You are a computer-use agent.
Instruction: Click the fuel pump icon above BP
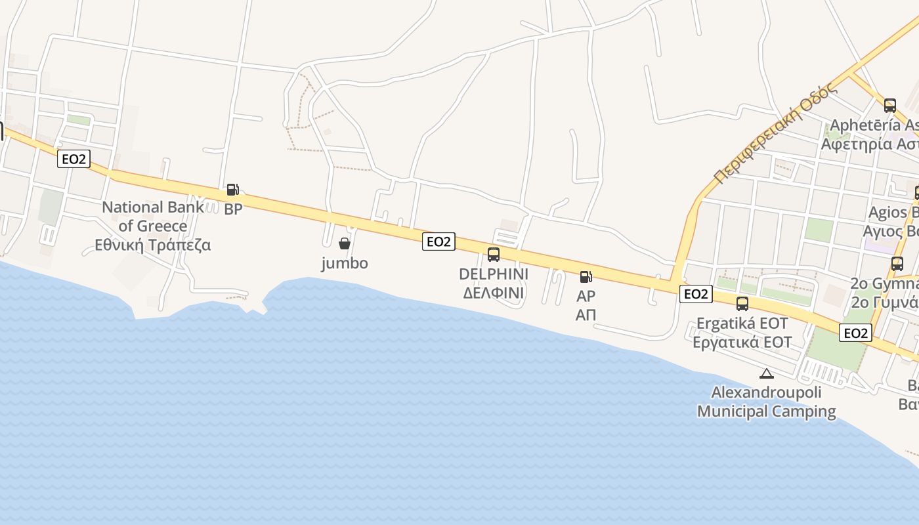pyautogui.click(x=232, y=190)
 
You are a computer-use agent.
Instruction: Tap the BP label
pyautogui.click(x=233, y=210)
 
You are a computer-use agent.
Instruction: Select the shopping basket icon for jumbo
pyautogui.click(x=344, y=244)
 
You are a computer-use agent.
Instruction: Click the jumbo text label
pyautogui.click(x=344, y=263)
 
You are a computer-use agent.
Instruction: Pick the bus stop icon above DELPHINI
pyautogui.click(x=494, y=255)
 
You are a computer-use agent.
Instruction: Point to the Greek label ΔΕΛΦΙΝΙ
pyautogui.click(x=494, y=293)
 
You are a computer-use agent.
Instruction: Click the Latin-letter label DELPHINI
pyautogui.click(x=494, y=274)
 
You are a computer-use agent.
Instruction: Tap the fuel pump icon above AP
pyautogui.click(x=586, y=277)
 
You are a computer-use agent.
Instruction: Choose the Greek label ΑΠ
pyautogui.click(x=586, y=315)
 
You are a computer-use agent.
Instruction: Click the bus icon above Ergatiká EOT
pyautogui.click(x=742, y=304)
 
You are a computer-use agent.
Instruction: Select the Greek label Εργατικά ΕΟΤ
pyautogui.click(x=742, y=342)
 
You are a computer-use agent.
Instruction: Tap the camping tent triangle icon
pyautogui.click(x=766, y=374)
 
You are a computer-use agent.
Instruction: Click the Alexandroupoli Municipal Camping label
pyautogui.click(x=766, y=402)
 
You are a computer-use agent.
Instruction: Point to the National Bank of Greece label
pyautogui.click(x=153, y=217)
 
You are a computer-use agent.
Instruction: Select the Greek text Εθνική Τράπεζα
pyautogui.click(x=153, y=245)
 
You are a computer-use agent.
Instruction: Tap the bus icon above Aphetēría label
pyautogui.click(x=889, y=105)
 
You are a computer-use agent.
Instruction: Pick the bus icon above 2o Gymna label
pyautogui.click(x=897, y=264)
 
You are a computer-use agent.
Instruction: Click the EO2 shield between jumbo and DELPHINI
pyautogui.click(x=438, y=241)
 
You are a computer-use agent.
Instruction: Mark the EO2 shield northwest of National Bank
pyautogui.click(x=73, y=159)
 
